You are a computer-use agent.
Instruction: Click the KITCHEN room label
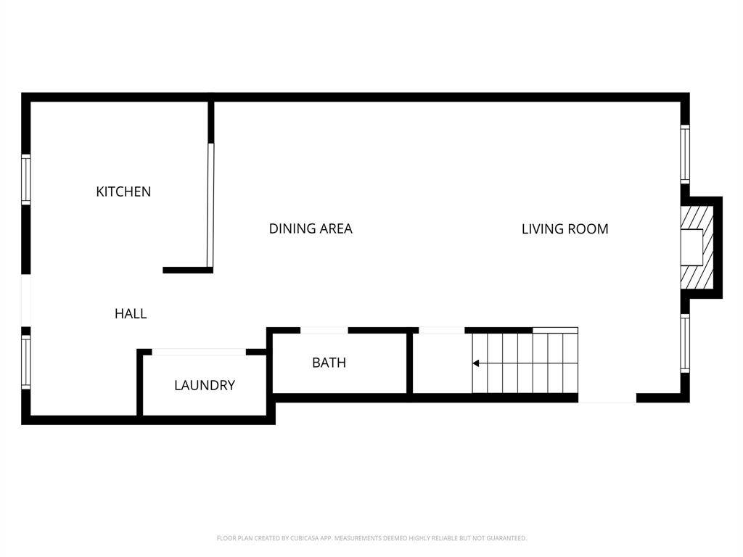[x=123, y=191]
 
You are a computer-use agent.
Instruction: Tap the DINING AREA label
[x=311, y=228]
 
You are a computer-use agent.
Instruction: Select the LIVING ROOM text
[x=565, y=228]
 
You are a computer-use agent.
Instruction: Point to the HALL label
[x=131, y=313]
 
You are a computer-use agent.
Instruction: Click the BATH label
[x=329, y=363]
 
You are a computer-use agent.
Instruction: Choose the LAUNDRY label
[x=204, y=385]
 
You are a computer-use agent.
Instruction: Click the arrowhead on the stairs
[x=476, y=363]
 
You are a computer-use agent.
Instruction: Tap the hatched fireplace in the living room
[x=697, y=247]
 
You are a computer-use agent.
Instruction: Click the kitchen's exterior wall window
[x=25, y=180]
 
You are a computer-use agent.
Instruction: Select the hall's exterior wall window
[x=25, y=363]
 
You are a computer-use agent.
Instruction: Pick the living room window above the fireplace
[x=685, y=154]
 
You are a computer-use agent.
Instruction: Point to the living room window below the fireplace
[x=685, y=343]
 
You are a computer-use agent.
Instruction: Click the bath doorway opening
[x=324, y=330]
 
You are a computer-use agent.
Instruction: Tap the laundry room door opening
[x=199, y=352]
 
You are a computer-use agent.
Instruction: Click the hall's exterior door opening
[x=25, y=300]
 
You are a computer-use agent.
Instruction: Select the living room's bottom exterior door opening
[x=607, y=398]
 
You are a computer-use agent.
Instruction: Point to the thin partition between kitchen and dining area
[x=210, y=205]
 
